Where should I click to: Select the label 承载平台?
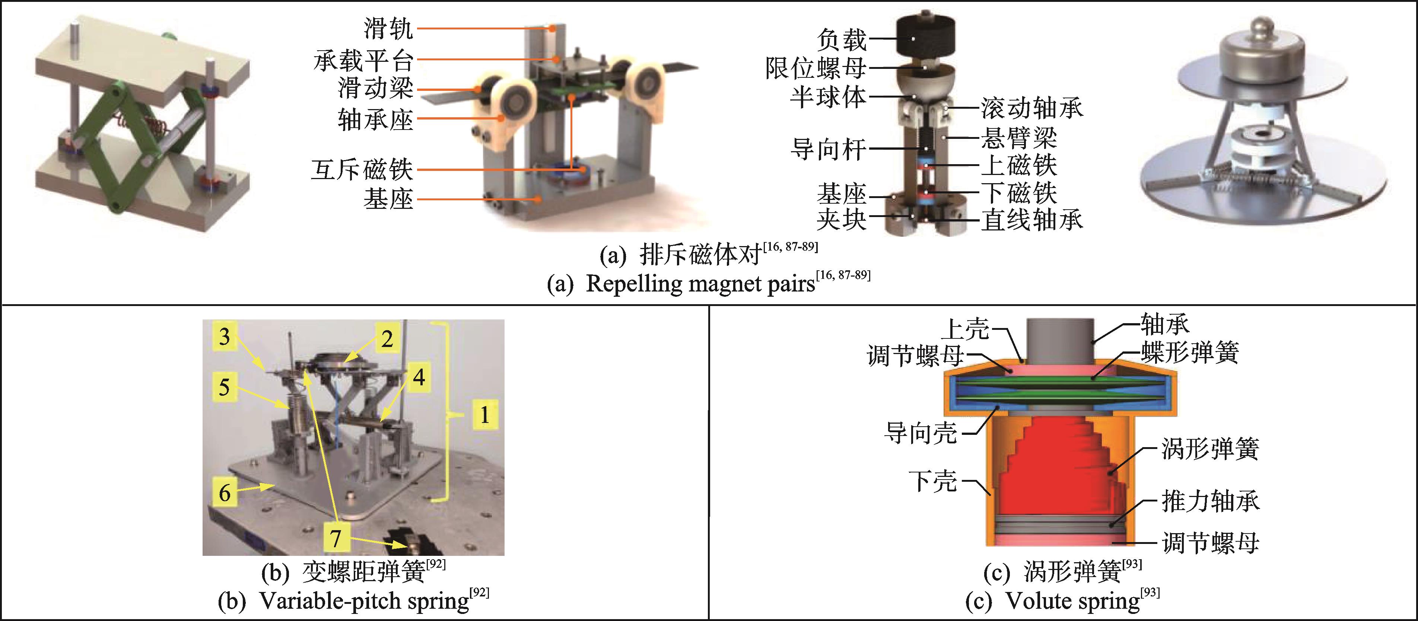(363, 60)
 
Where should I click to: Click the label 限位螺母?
(816, 68)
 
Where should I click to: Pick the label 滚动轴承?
(1031, 108)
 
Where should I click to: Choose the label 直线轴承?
(1031, 220)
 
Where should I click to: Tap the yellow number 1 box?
(484, 414)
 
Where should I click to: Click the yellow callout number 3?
(224, 336)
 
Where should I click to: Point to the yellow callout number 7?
(335, 537)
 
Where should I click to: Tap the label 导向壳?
(921, 433)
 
